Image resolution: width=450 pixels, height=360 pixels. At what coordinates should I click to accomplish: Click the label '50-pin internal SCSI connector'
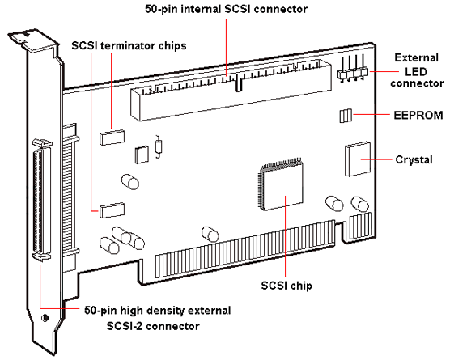pyautogui.click(x=226, y=9)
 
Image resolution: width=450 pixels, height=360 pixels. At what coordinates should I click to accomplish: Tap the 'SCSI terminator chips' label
pyautogui.click(x=129, y=45)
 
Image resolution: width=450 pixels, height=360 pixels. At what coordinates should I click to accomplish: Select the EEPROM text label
pyautogui.click(x=418, y=116)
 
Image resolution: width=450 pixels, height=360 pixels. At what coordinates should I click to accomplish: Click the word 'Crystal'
pyautogui.click(x=414, y=159)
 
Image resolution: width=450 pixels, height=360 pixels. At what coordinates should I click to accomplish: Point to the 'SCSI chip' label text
pyautogui.click(x=287, y=286)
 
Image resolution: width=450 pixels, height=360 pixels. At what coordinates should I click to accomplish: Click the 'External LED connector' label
pyautogui.click(x=417, y=70)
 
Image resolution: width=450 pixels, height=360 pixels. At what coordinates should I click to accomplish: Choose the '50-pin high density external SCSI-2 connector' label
pyautogui.click(x=157, y=318)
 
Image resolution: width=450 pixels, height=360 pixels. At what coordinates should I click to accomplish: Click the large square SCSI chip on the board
pyautogui.click(x=282, y=185)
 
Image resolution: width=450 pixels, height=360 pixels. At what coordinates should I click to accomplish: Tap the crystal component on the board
pyautogui.click(x=358, y=159)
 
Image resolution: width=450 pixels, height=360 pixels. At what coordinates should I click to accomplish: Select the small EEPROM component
pyautogui.click(x=346, y=116)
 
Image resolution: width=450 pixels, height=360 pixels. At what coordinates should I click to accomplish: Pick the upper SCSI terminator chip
pyautogui.click(x=112, y=138)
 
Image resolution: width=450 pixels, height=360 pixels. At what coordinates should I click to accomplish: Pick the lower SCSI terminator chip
pyautogui.click(x=112, y=210)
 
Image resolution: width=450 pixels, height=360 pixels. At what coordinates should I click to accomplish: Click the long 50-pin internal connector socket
pyautogui.click(x=231, y=90)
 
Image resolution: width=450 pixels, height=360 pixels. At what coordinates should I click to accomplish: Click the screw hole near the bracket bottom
pyautogui.click(x=45, y=318)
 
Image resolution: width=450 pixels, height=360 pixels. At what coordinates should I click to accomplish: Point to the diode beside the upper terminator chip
pyautogui.click(x=158, y=146)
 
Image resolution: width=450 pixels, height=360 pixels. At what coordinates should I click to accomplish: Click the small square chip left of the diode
pyautogui.click(x=142, y=155)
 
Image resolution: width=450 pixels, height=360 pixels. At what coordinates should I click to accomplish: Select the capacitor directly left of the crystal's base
pyautogui.click(x=334, y=203)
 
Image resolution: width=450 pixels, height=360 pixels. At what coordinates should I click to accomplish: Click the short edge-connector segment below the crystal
pyautogui.click(x=361, y=226)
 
